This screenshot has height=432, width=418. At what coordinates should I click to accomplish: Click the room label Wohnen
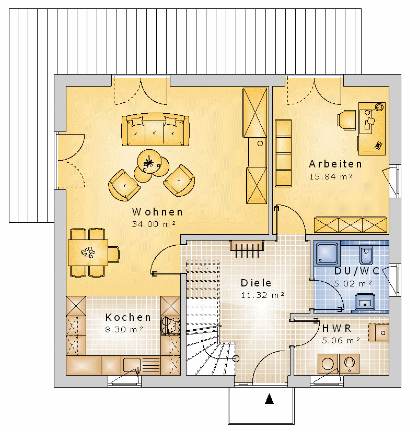tap(157, 212)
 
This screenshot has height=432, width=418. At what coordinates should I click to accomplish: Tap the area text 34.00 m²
tap(154, 224)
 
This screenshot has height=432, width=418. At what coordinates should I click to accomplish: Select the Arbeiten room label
tap(335, 164)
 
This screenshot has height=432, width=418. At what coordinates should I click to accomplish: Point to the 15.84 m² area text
tap(331, 176)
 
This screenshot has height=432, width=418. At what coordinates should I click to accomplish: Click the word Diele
tap(256, 283)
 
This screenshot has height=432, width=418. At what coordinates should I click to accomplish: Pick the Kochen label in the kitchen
tap(128, 317)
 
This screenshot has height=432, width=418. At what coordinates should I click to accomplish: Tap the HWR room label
tap(336, 328)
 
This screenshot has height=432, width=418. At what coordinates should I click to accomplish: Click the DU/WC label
tap(356, 271)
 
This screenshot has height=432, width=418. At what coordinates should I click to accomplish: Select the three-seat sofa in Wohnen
tap(155, 129)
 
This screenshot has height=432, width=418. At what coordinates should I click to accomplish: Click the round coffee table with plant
tap(149, 161)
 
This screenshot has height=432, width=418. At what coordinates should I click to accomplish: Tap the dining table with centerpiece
tap(88, 253)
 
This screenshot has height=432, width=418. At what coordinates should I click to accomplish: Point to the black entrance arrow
tap(269, 399)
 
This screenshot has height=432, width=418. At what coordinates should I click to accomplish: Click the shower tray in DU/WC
tap(327, 253)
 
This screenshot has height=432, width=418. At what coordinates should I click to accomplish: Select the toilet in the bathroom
tap(366, 254)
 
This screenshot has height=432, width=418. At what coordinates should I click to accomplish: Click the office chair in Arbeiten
tap(346, 120)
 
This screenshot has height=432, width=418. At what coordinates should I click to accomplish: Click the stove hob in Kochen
tap(170, 325)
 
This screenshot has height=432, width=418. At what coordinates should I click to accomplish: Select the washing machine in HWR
tap(328, 364)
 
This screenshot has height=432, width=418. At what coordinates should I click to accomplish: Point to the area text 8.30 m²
tap(124, 329)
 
